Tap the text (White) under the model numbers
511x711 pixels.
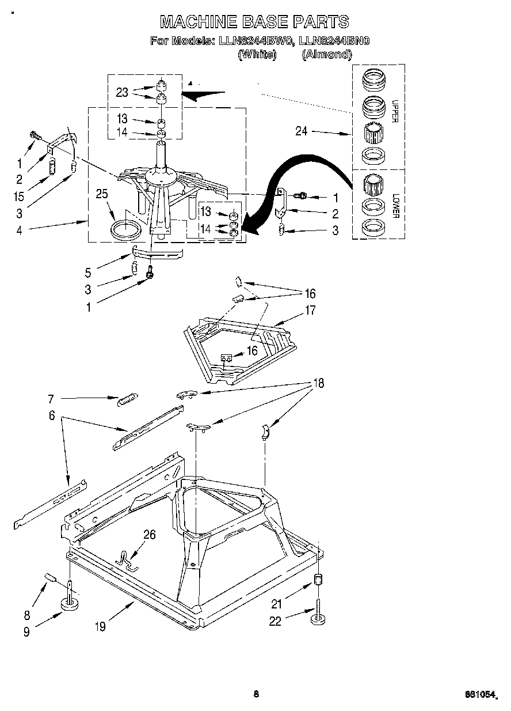[257, 54]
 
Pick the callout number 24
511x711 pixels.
[302, 131]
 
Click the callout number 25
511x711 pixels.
[102, 194]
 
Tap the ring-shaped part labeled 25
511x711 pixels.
[125, 229]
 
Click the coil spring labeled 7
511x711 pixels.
[127, 399]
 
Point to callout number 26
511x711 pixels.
[149, 535]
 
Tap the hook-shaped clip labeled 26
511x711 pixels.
[125, 558]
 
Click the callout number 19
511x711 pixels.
[101, 627]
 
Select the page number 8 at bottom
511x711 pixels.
[256, 694]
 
